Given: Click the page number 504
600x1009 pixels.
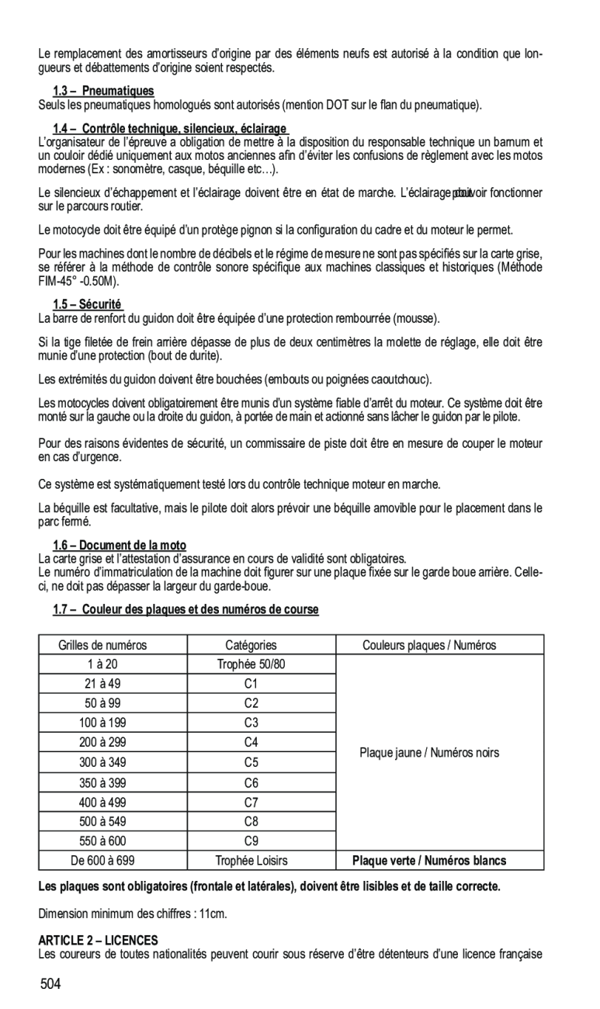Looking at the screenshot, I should [51, 985].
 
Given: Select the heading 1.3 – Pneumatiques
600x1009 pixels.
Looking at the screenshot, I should [103, 91].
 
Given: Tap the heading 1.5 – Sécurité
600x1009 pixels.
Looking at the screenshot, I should [88, 304].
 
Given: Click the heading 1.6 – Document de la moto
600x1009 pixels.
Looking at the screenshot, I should [120, 546].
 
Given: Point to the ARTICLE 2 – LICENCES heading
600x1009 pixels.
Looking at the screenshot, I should [98, 940].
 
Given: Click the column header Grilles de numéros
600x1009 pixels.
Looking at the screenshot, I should [102, 645].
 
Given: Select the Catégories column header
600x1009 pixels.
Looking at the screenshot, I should [251, 645].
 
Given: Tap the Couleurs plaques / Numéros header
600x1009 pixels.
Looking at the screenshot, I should [429, 645].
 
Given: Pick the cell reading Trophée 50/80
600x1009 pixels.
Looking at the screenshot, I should [251, 664].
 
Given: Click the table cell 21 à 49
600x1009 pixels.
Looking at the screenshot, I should [102, 684].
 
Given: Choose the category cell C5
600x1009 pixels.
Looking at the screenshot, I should [251, 763].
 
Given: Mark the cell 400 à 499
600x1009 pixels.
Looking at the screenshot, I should [102, 802].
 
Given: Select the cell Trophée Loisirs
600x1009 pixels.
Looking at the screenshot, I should [251, 860].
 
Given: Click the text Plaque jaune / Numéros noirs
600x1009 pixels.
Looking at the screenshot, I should [429, 752].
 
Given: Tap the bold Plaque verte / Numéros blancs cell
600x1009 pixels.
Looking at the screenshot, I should [429, 860].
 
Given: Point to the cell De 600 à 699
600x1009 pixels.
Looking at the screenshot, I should [102, 860].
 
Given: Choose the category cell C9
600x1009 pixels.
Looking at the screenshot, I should [251, 841].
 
